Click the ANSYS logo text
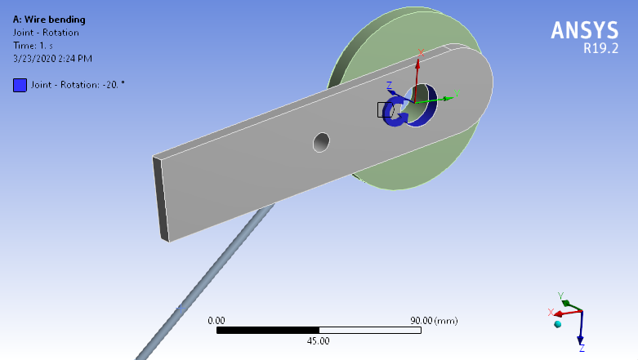point(585,29)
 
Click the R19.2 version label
point(600,48)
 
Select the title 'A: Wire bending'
point(49,20)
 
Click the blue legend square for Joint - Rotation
point(20,85)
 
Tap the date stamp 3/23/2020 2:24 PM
point(52,59)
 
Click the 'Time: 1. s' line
point(33,46)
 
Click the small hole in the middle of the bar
point(323,142)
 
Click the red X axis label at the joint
point(421,53)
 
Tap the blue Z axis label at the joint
point(390,85)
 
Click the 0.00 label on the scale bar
point(216,320)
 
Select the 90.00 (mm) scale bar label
point(436,320)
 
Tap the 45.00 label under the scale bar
point(318,340)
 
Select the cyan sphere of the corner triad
point(558,325)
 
